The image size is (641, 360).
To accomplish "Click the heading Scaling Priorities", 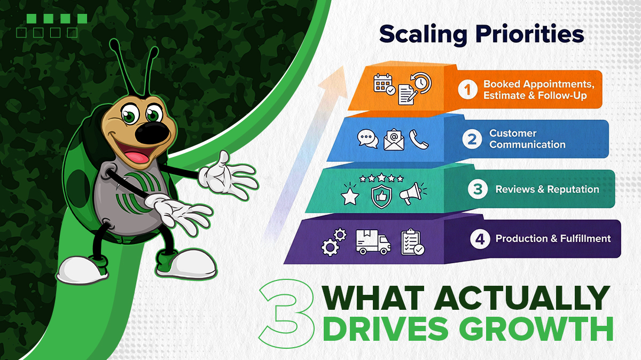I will pyautogui.click(x=481, y=35).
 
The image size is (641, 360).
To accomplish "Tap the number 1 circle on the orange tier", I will pyautogui.click(x=467, y=89).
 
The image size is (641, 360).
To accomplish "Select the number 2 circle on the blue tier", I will pyautogui.click(x=472, y=139).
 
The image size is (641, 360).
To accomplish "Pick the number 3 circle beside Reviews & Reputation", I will pyautogui.click(x=478, y=189).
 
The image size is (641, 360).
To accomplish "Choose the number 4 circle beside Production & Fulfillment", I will pyautogui.click(x=480, y=239).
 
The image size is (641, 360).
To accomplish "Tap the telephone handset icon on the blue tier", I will pyautogui.click(x=417, y=139).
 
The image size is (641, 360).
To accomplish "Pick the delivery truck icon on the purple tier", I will pyautogui.click(x=373, y=243).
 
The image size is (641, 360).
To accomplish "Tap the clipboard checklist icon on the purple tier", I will pyautogui.click(x=412, y=242).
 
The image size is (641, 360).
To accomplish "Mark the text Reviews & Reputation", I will pyautogui.click(x=547, y=189).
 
